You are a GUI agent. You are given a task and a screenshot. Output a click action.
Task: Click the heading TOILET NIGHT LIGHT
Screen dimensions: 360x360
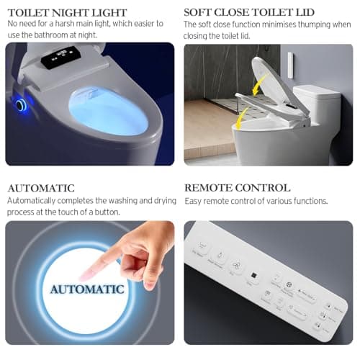coord(67,12)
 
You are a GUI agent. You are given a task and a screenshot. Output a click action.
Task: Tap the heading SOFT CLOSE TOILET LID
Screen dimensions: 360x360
coord(249,12)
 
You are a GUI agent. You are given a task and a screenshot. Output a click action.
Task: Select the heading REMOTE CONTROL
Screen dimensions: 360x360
coord(238,188)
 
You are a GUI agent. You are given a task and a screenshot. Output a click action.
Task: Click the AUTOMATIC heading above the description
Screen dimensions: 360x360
coord(40,188)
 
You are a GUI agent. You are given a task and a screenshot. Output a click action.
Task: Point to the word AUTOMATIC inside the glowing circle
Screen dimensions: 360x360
coord(87,289)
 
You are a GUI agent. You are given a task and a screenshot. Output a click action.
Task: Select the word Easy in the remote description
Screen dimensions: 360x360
coord(195,201)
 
